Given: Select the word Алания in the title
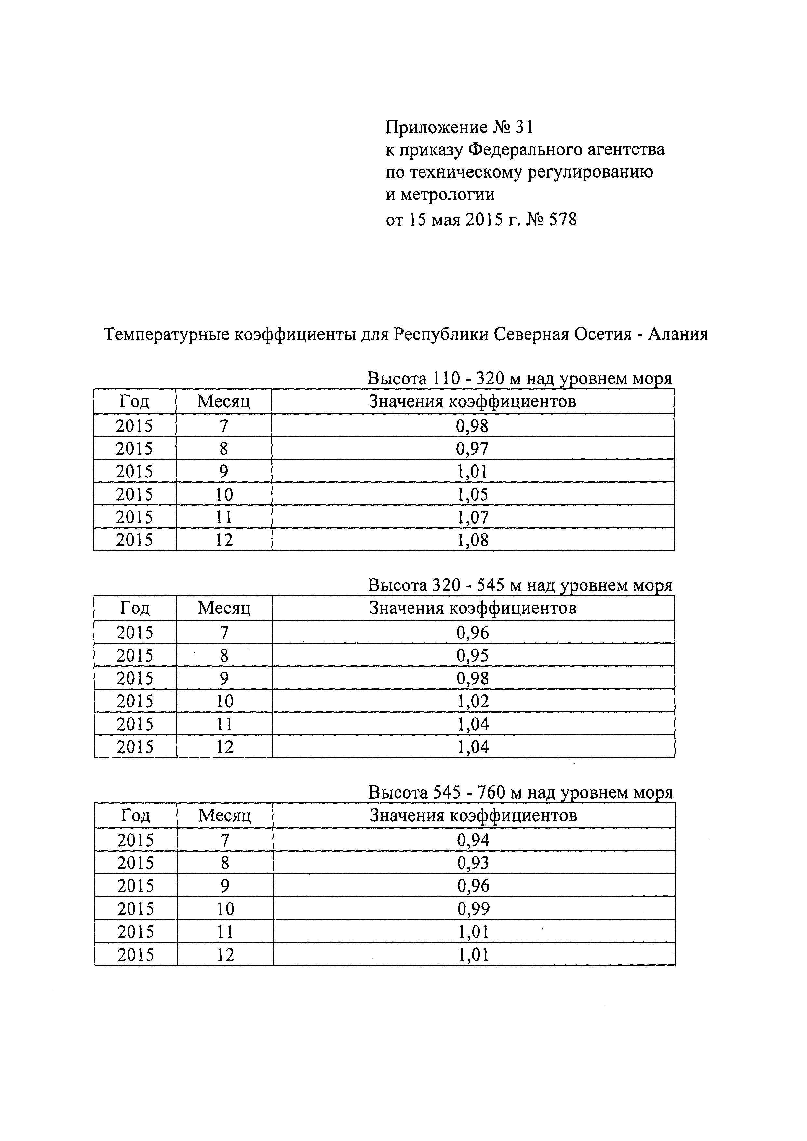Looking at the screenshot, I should click(x=678, y=334).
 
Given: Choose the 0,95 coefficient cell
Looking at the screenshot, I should click(x=473, y=655).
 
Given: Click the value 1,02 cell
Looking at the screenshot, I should click(x=473, y=701).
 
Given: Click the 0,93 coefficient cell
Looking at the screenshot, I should click(x=473, y=863).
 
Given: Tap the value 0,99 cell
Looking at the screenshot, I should click(x=473, y=908).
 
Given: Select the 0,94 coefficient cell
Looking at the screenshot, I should click(x=473, y=840).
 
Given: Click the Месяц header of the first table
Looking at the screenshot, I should click(x=223, y=402).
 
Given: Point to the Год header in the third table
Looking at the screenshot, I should click(x=135, y=815).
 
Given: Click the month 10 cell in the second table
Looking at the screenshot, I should click(x=225, y=701).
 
